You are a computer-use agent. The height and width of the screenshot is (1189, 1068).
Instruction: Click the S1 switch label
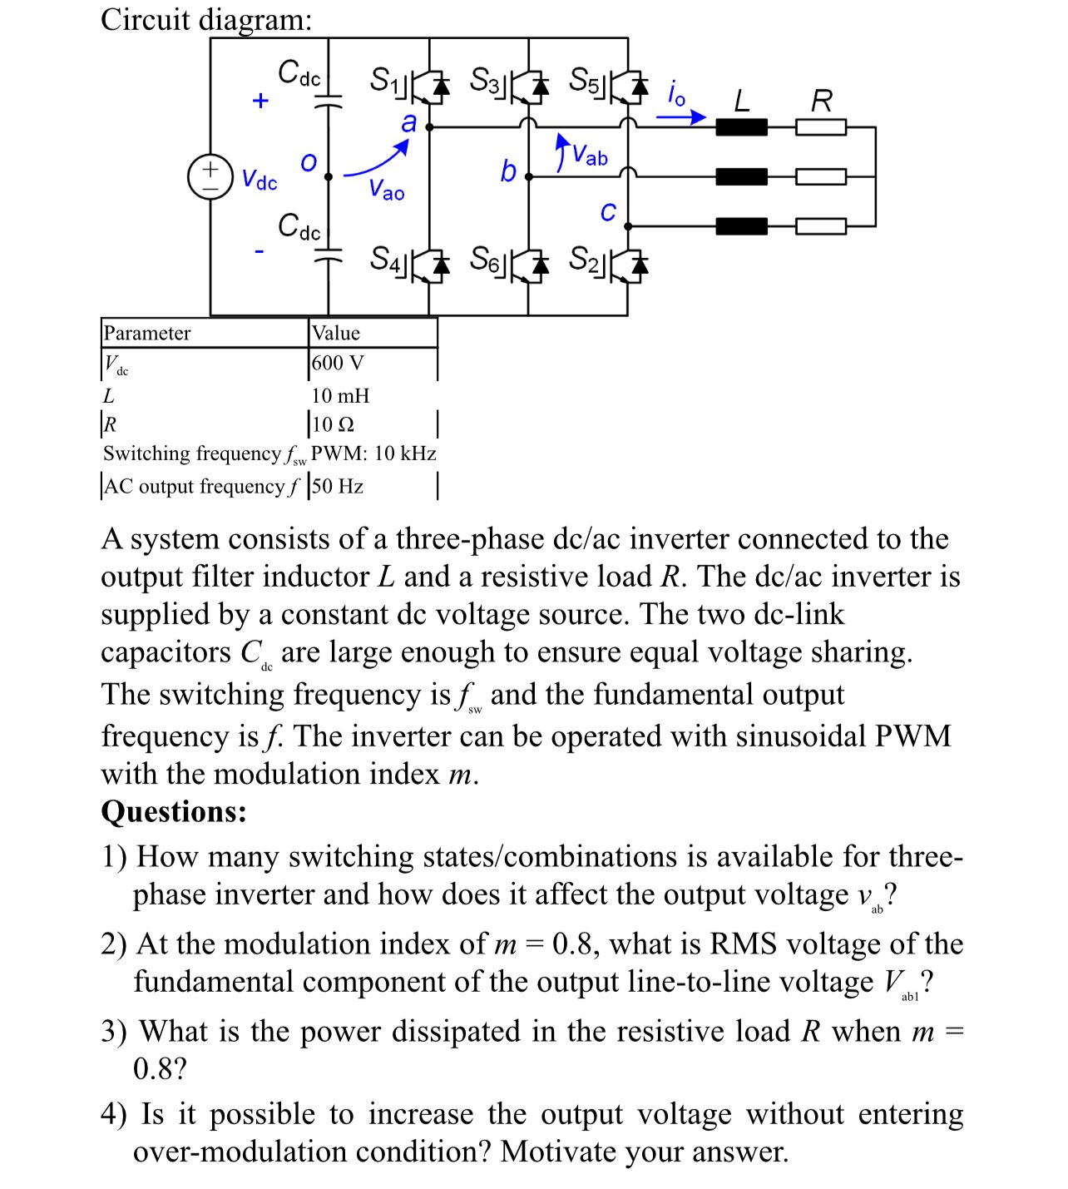pos(385,81)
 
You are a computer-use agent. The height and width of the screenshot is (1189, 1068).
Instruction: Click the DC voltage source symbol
pos(210,176)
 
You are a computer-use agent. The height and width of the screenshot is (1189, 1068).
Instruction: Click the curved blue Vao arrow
pos(378,160)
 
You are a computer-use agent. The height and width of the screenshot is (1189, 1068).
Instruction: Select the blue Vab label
pos(590,156)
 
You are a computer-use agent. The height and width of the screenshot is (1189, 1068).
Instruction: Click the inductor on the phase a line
pos(741,127)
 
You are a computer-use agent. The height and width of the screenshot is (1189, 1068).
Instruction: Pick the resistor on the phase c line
pos(820,225)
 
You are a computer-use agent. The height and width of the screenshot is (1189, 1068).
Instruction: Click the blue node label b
pos(508,171)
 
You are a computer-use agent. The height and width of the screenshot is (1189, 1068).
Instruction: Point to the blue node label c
pos(608,212)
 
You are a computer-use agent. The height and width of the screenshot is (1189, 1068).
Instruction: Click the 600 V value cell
pos(338,363)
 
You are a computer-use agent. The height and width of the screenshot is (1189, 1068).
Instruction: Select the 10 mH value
pos(340,395)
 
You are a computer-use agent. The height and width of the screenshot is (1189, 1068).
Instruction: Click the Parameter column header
pos(147,333)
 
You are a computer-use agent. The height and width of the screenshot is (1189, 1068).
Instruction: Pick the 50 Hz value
pos(338,486)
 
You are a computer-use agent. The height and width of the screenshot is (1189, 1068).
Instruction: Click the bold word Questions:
pos(174,811)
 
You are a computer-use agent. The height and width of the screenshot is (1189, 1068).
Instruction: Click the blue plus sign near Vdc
pos(260,101)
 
